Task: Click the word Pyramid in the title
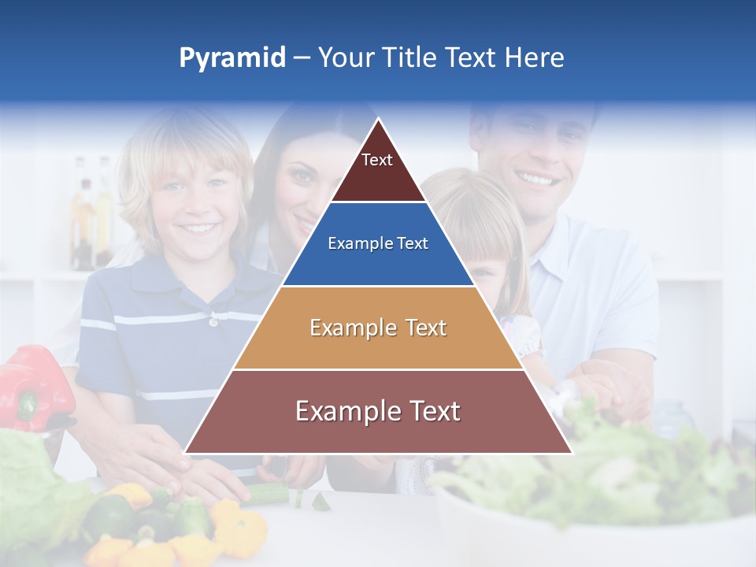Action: [232, 58]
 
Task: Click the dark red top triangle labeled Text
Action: [377, 166]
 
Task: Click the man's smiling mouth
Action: [539, 180]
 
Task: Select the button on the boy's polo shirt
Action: [213, 321]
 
